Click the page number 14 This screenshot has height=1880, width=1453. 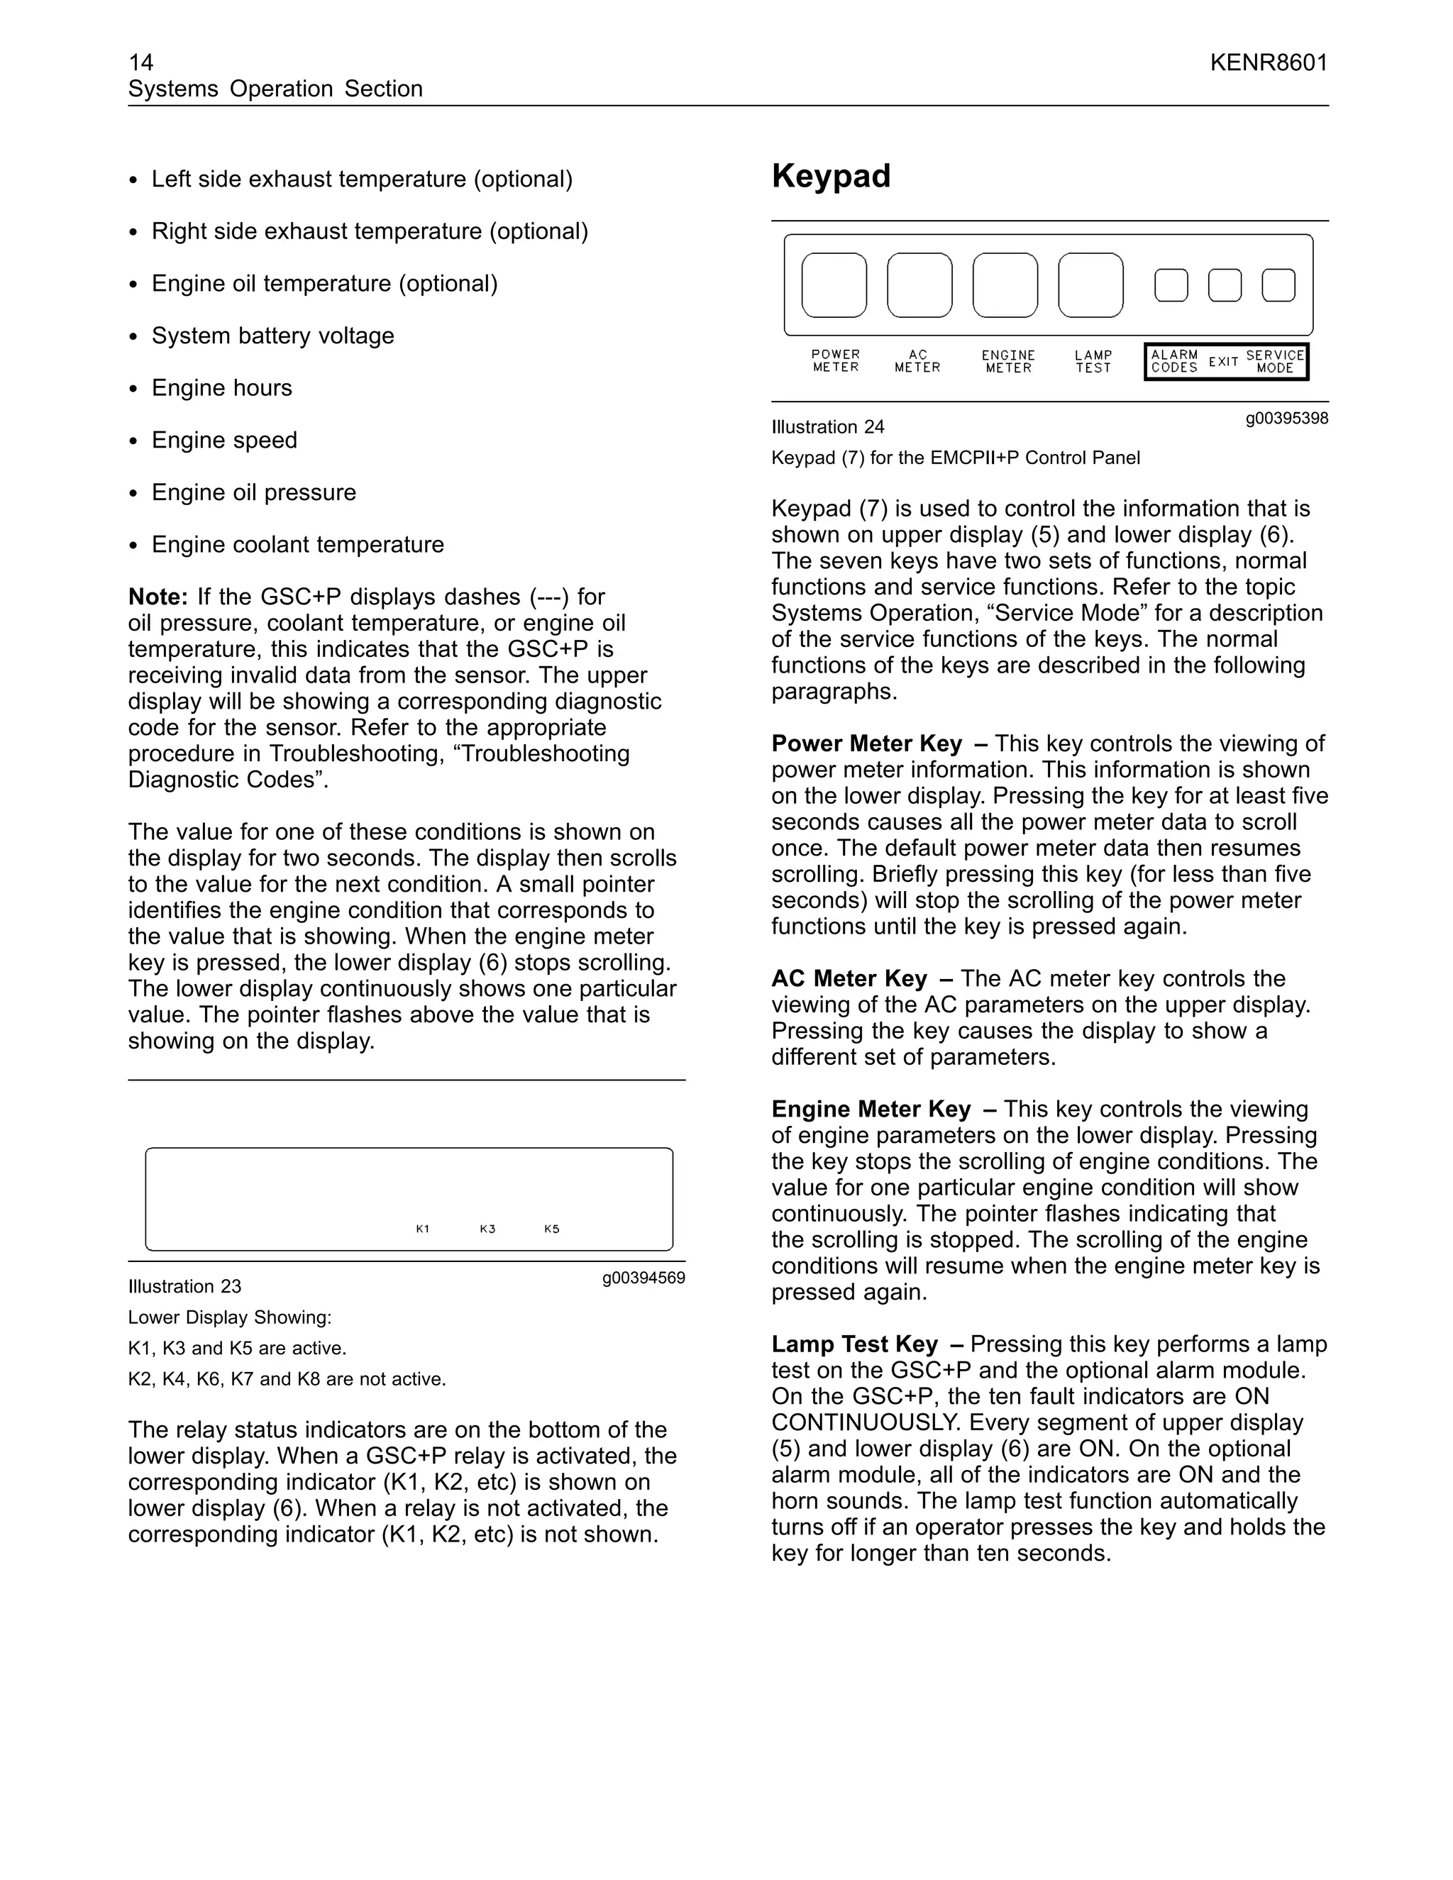[x=140, y=62]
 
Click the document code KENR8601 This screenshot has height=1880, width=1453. [x=1268, y=62]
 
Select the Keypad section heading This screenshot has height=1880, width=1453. [x=831, y=176]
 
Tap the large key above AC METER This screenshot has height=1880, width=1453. [x=919, y=285]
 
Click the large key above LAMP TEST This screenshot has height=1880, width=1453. [x=1090, y=285]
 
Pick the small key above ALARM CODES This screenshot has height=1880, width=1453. [x=1171, y=285]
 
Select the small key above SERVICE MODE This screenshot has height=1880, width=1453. [x=1278, y=285]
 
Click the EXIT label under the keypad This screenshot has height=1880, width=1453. [x=1223, y=362]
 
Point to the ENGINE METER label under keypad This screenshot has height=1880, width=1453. [x=1008, y=362]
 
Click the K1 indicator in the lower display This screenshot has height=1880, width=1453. [x=423, y=1228]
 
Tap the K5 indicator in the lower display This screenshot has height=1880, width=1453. [x=552, y=1228]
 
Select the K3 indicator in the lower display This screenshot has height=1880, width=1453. [x=487, y=1228]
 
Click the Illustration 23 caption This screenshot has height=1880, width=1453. [x=185, y=1286]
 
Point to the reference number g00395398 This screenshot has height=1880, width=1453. [x=1286, y=419]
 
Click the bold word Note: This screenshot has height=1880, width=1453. [x=158, y=597]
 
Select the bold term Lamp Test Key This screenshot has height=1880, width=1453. [x=854, y=1344]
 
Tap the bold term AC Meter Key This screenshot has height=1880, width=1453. [x=849, y=979]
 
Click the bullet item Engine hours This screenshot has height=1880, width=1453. [x=221, y=387]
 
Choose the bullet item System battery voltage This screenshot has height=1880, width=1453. [x=273, y=336]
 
